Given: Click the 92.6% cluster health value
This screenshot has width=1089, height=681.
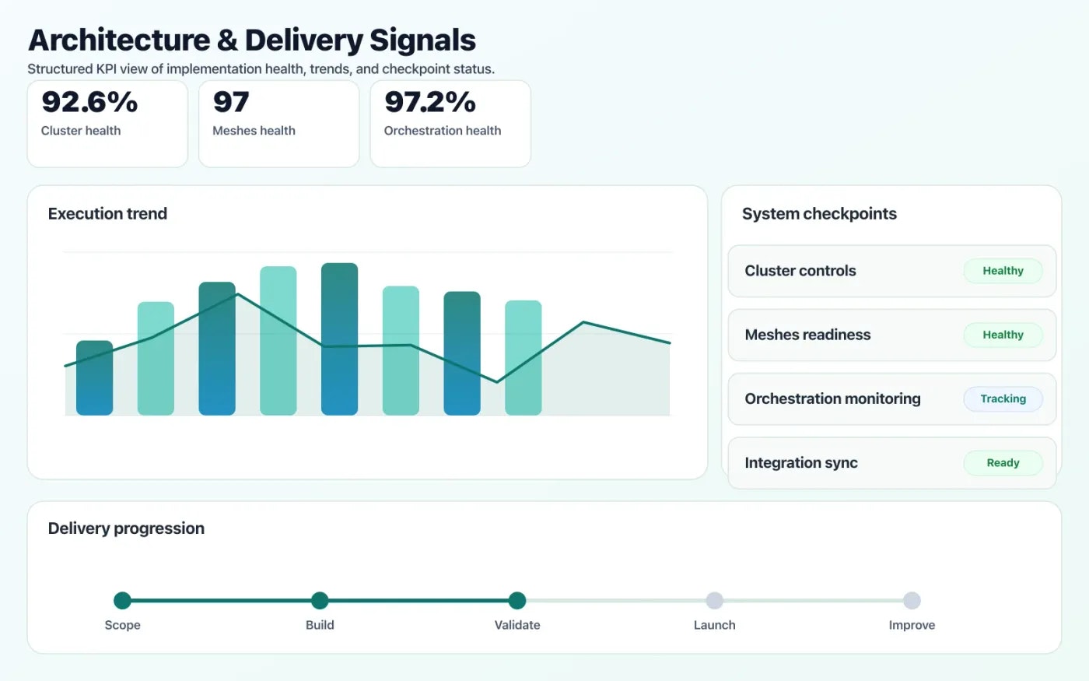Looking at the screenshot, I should [x=89, y=102].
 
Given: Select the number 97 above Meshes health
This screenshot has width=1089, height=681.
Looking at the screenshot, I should [x=231, y=102].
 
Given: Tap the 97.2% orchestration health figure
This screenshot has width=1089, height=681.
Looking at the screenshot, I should [x=430, y=102].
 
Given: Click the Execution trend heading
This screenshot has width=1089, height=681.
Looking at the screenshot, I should [x=107, y=214].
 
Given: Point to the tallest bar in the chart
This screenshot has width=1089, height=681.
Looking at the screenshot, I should [x=339, y=339].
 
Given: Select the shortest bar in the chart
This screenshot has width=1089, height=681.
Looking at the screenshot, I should [x=94, y=377].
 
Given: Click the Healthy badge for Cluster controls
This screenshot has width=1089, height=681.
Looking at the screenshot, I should [x=1003, y=271].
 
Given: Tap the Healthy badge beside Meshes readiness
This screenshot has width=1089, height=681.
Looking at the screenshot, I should [x=1003, y=335].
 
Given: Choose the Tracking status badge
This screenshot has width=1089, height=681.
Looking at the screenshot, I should [x=1003, y=398].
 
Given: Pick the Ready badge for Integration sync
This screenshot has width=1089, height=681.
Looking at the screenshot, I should [x=1003, y=462].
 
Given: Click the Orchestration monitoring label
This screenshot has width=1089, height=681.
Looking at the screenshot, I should [x=832, y=398].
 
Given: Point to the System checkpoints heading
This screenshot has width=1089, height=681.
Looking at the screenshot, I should [x=819, y=214].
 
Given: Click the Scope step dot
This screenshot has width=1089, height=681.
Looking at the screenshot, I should [x=122, y=600].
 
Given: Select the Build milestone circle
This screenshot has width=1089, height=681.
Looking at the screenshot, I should [x=320, y=600].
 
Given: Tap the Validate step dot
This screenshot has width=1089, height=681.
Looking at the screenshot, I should [x=517, y=600].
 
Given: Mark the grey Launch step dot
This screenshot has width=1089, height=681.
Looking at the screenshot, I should [x=714, y=600].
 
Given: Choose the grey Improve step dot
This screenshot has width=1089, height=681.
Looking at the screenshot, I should [x=912, y=600].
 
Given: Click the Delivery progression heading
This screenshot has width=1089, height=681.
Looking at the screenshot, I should [x=126, y=528].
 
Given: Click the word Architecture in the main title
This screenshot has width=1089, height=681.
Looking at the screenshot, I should [x=119, y=40].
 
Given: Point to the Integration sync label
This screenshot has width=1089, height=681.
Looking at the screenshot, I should [x=801, y=462].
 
